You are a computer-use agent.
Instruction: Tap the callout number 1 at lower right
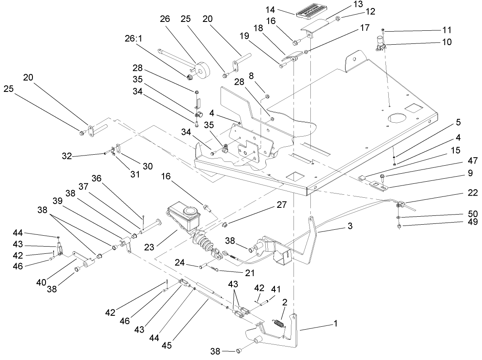tap(336, 324)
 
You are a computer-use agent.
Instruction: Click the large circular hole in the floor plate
tap(397, 119)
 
